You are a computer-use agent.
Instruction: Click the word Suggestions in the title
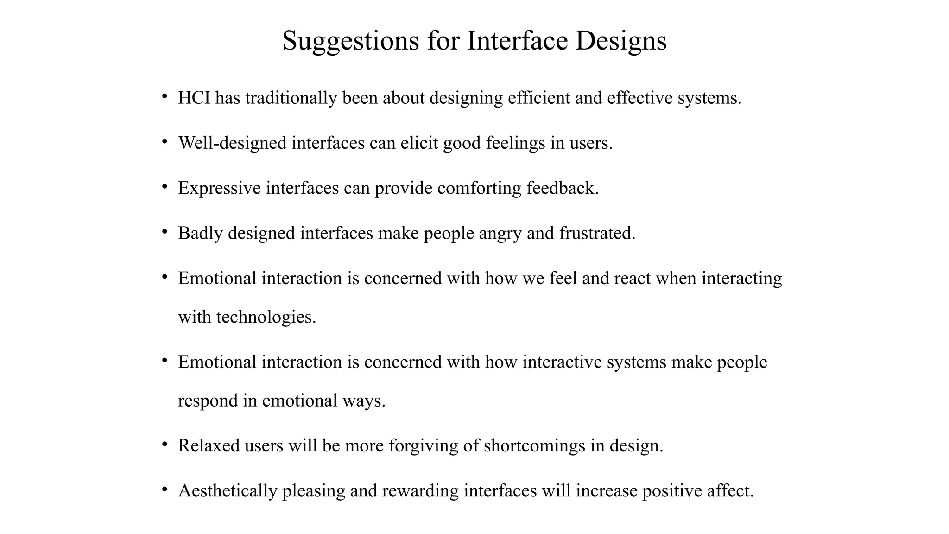[x=350, y=41]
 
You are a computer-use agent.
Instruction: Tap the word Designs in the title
[x=621, y=41]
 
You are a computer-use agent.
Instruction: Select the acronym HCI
[x=194, y=98]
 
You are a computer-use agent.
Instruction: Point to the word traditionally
[x=291, y=98]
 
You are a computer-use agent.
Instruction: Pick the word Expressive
[x=220, y=188]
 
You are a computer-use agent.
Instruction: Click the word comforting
[x=479, y=188]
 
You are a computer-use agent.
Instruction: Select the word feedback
[x=563, y=188]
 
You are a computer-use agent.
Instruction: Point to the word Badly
[x=201, y=233]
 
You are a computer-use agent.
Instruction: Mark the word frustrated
[x=597, y=233]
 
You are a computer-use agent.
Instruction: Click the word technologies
[x=266, y=317]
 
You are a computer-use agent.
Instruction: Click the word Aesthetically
[x=228, y=490]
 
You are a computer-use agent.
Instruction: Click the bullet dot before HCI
[x=164, y=96]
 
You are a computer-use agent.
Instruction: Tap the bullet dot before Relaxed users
[x=164, y=444]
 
